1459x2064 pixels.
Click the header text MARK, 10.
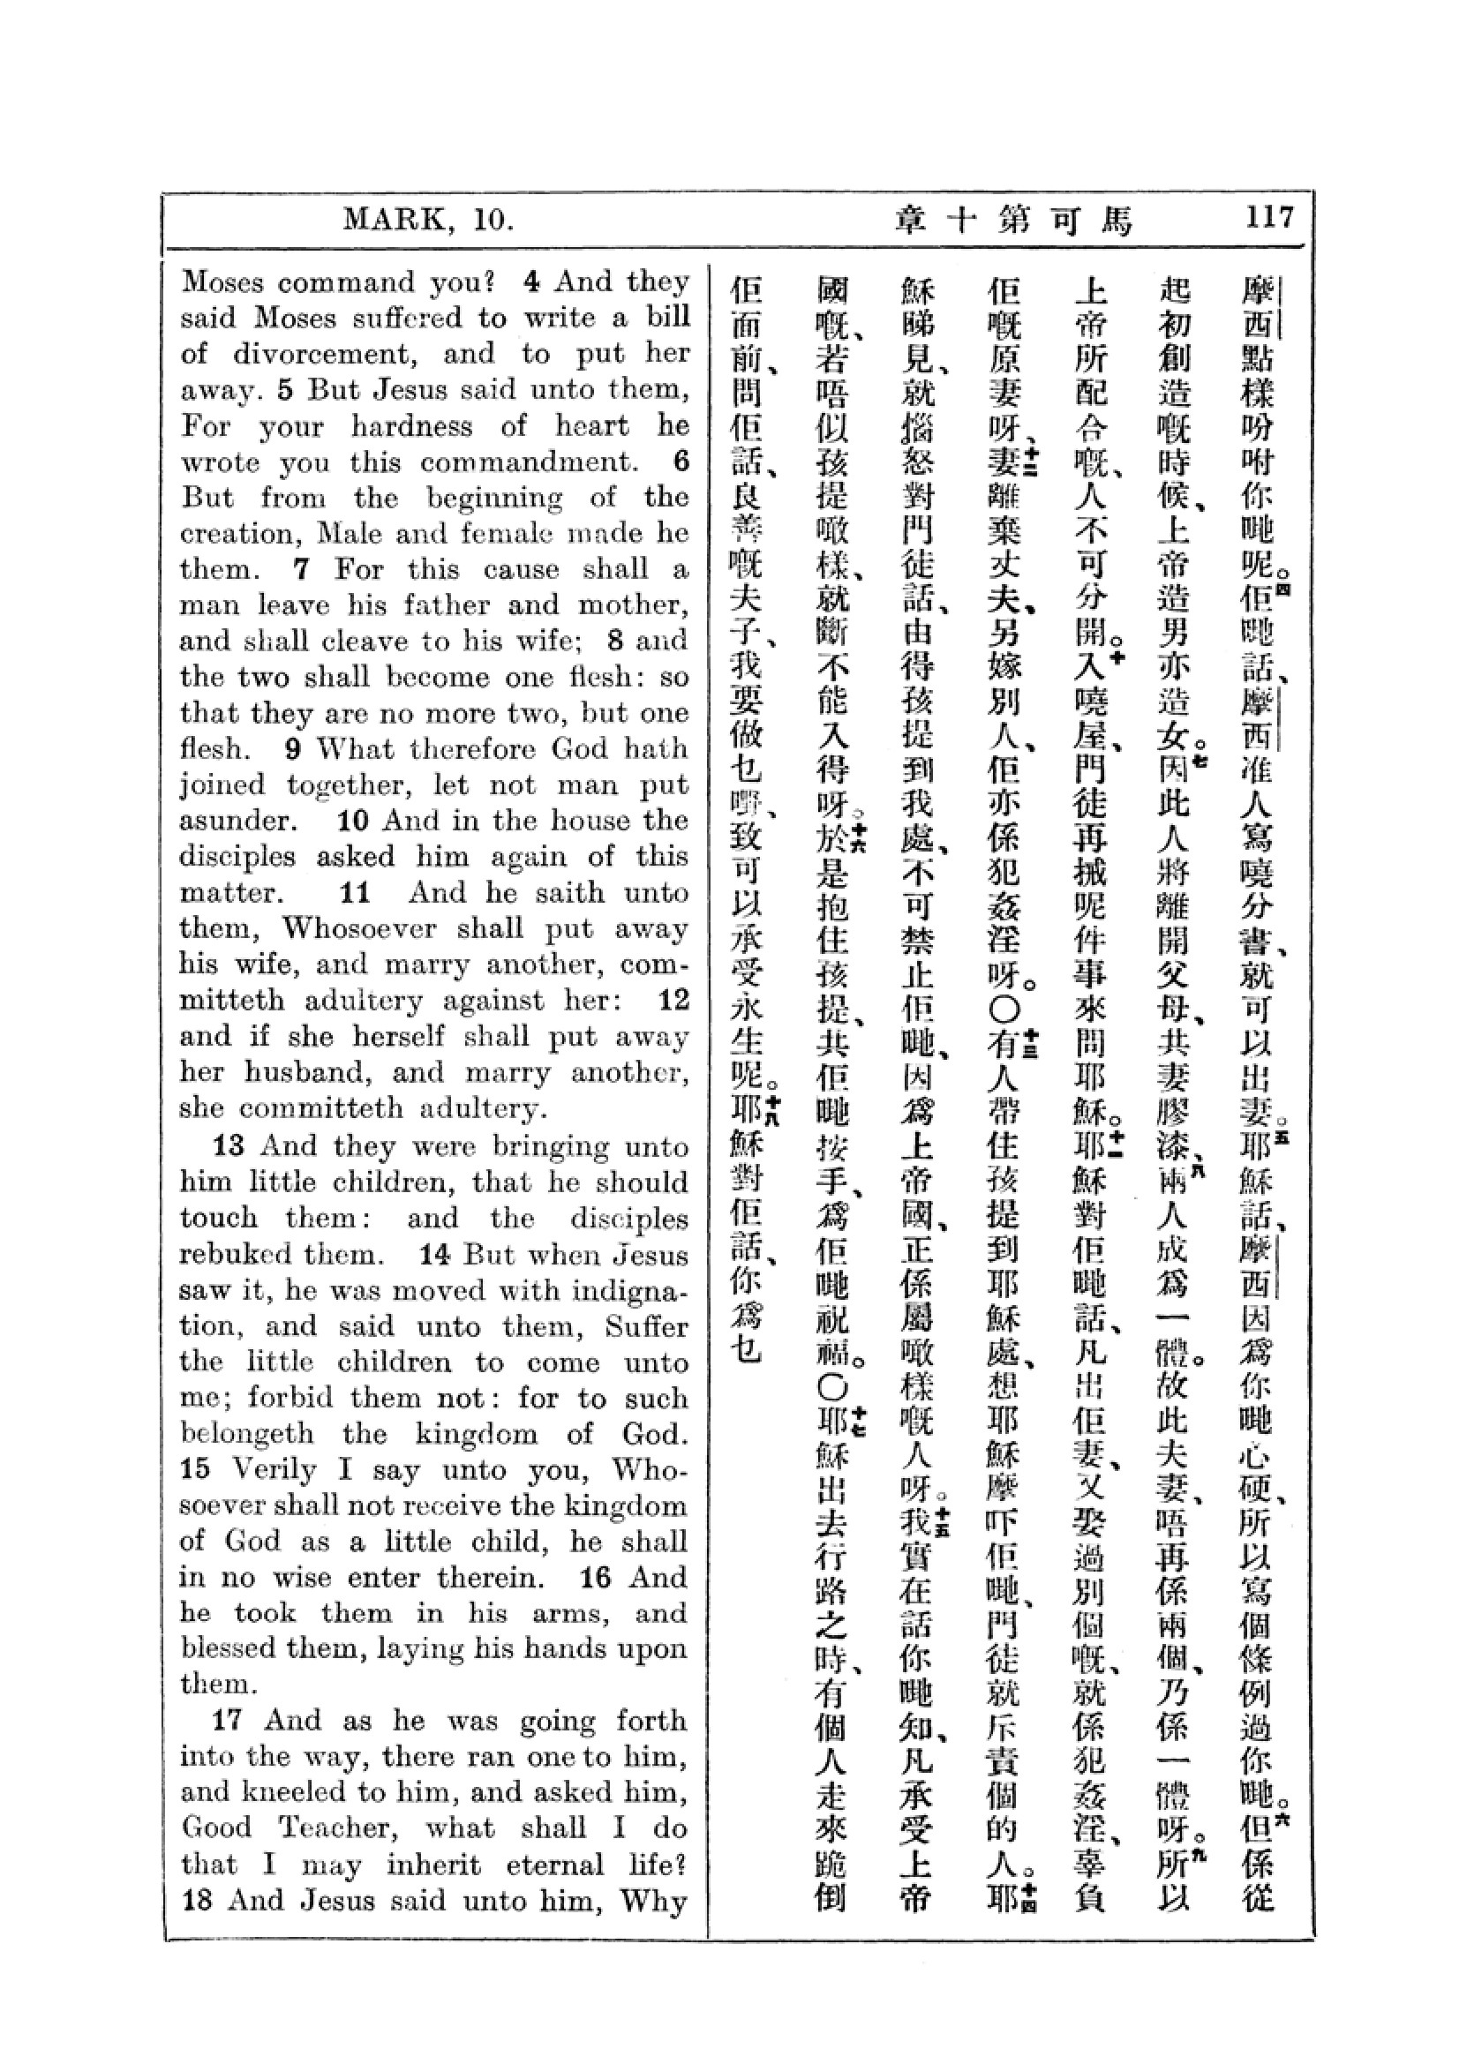428,219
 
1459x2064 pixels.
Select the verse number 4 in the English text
532,281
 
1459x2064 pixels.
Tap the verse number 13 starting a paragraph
229,1146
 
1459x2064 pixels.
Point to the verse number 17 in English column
229,1721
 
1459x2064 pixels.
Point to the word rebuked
236,1254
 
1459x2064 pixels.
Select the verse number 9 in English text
293,749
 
